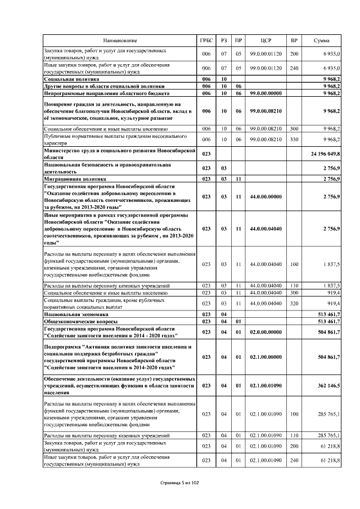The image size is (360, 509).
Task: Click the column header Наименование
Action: point(120,40)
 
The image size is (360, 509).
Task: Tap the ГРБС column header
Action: point(207,40)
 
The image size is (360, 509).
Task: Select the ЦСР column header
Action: point(267,40)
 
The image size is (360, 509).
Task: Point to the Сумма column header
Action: point(322,40)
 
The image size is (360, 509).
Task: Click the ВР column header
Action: point(294,40)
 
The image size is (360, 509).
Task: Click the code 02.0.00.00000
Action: point(267,332)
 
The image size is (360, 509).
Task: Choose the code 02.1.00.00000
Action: point(267,357)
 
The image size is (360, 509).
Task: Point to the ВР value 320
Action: point(294,304)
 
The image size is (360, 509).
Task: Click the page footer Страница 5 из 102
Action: point(180,483)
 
